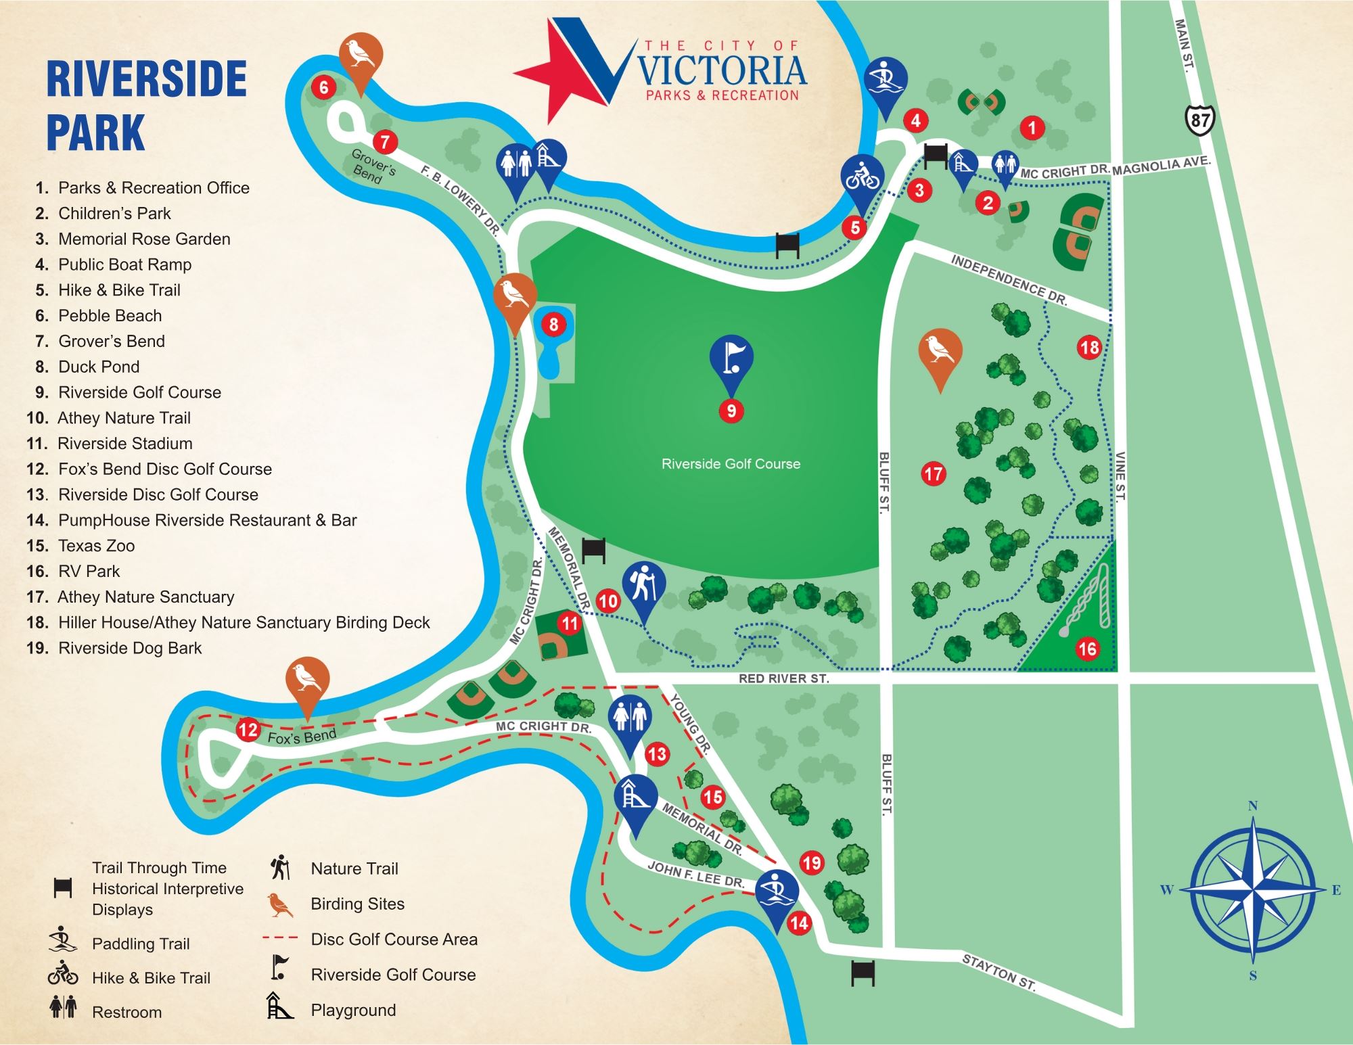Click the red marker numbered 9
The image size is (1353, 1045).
pyautogui.click(x=731, y=411)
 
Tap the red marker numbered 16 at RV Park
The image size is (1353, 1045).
pyautogui.click(x=1086, y=649)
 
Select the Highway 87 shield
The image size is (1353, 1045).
pyautogui.click(x=1200, y=120)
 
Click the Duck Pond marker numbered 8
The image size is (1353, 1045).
pyautogui.click(x=553, y=325)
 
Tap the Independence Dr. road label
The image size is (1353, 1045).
pyautogui.click(x=1009, y=280)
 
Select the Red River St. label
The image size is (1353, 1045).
pyautogui.click(x=783, y=678)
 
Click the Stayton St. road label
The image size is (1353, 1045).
pyautogui.click(x=999, y=972)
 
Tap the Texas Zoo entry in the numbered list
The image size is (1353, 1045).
pyautogui.click(x=96, y=545)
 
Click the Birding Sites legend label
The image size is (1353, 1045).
pyautogui.click(x=357, y=904)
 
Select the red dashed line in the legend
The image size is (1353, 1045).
pyautogui.click(x=280, y=938)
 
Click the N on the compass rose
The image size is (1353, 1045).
pyautogui.click(x=1253, y=806)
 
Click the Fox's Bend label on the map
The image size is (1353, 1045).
pyautogui.click(x=302, y=737)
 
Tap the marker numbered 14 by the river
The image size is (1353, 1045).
pyautogui.click(x=798, y=923)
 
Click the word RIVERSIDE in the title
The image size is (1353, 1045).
pyautogui.click(x=146, y=80)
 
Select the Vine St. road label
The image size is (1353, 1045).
pyautogui.click(x=1120, y=476)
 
